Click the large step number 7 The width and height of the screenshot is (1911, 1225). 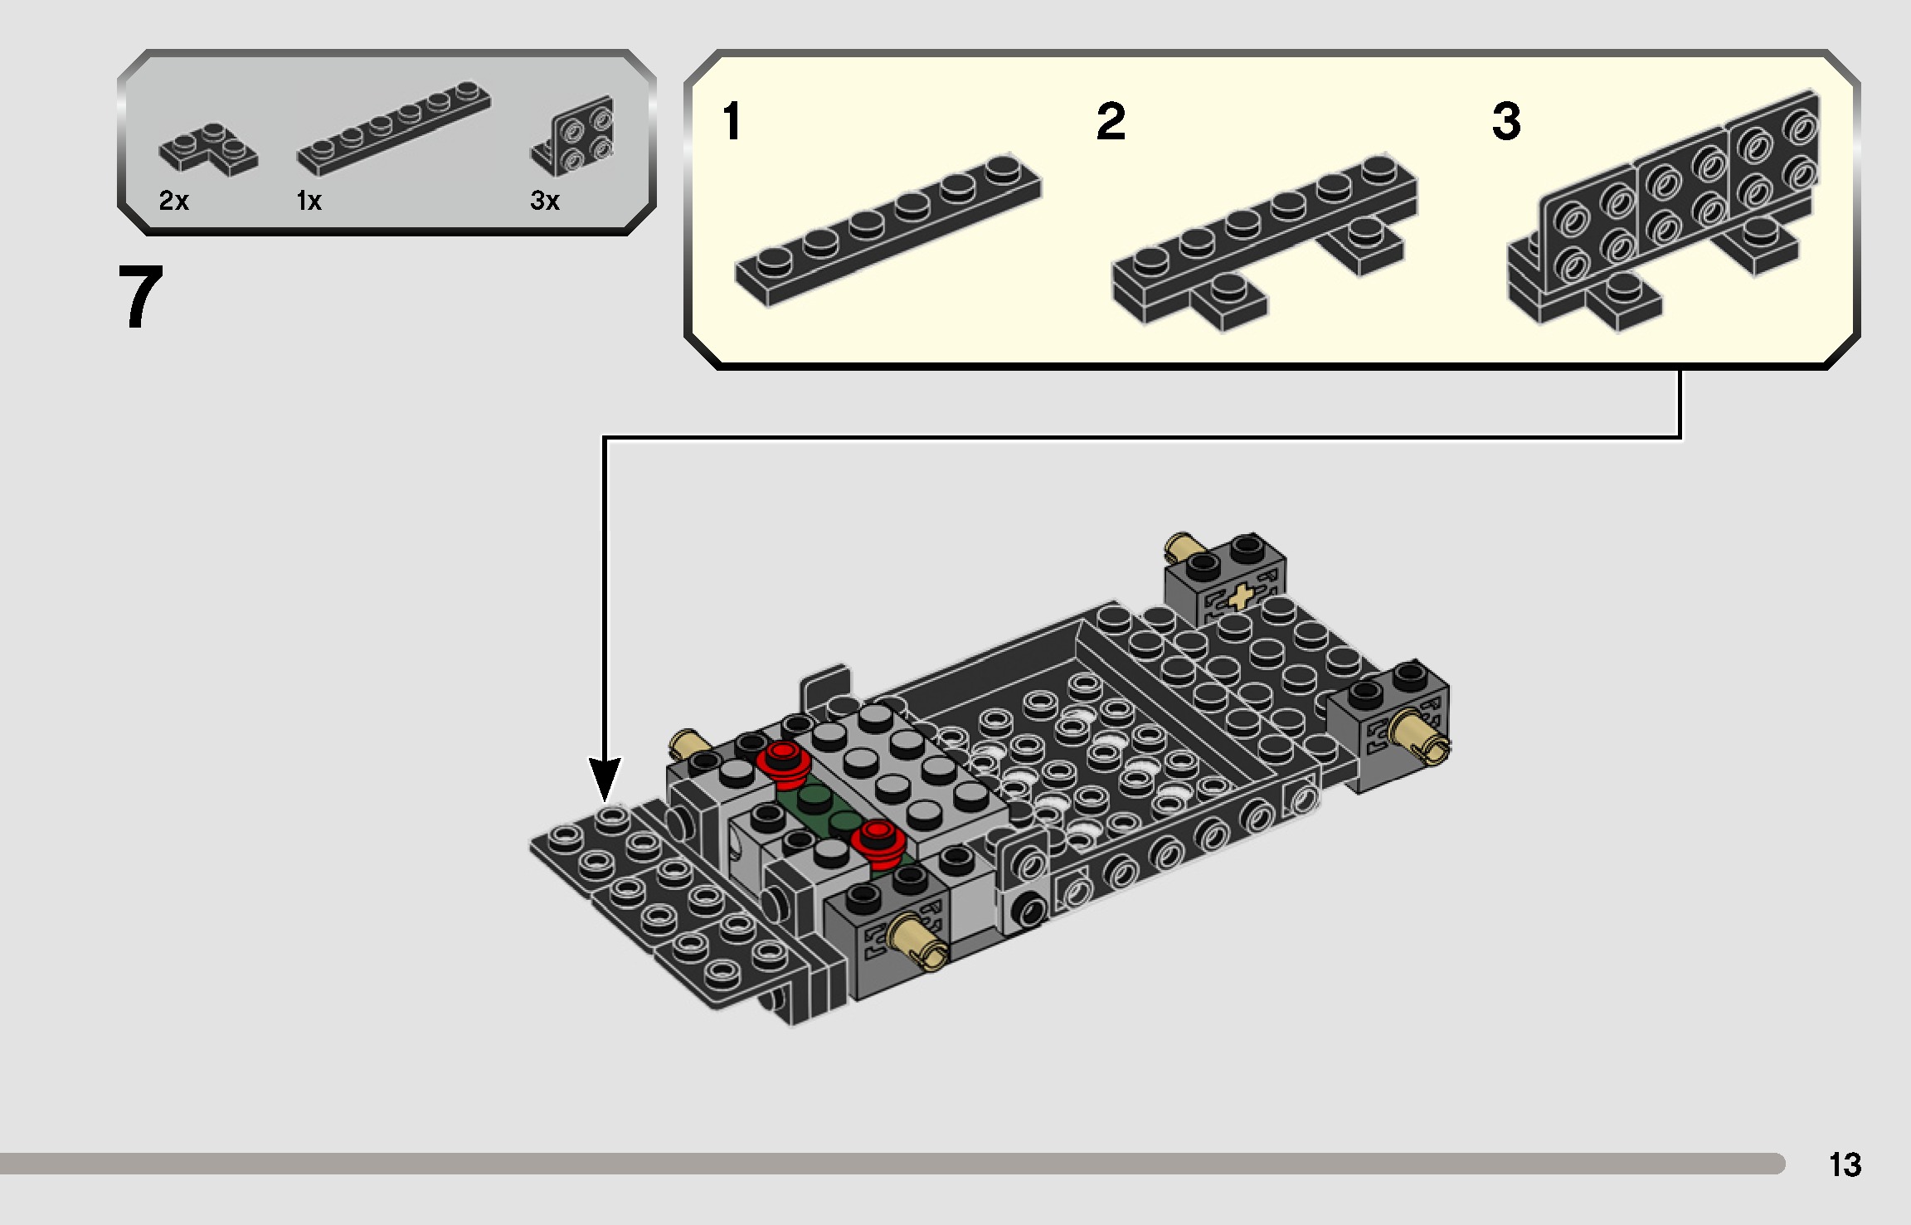[x=141, y=297]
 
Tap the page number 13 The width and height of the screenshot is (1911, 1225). [x=1845, y=1164]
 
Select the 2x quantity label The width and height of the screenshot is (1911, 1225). [x=173, y=201]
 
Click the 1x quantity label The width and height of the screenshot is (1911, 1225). [x=309, y=201]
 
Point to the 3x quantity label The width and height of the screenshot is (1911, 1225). [x=545, y=201]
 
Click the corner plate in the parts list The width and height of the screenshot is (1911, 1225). [x=208, y=150]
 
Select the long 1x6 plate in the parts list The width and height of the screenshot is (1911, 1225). [x=393, y=129]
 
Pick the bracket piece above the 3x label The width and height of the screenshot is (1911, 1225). [x=576, y=134]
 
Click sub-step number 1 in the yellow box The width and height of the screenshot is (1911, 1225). [x=731, y=121]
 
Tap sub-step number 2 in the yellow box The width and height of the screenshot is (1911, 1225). [x=1111, y=121]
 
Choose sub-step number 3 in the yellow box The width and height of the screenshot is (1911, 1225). [x=1506, y=121]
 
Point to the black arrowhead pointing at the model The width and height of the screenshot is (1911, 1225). [x=605, y=780]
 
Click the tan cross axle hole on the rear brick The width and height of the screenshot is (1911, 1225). [x=1239, y=596]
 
